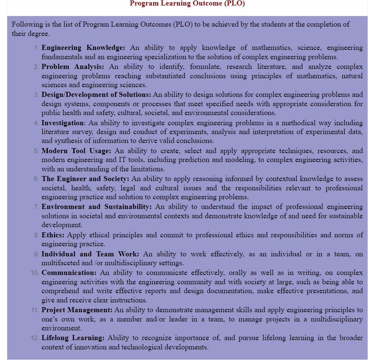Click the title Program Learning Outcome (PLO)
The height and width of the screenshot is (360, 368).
[187, 4]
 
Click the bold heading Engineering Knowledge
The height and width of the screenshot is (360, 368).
[83, 47]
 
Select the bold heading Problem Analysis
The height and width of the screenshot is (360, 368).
[72, 66]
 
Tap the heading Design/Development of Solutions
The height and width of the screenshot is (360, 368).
[96, 94]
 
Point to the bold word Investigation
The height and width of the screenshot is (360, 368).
[63, 123]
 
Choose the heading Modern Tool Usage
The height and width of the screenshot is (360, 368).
[76, 151]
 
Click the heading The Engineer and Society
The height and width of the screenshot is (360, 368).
[85, 179]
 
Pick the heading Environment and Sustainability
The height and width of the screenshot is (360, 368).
[96, 206]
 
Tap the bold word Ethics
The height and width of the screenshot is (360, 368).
[53, 235]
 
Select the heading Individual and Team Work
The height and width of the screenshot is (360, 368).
[90, 254]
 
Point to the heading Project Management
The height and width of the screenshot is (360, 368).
[77, 310]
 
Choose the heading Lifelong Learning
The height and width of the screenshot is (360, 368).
[72, 338]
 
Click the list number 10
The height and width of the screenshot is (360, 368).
[34, 273]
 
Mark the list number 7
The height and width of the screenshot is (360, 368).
[36, 207]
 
